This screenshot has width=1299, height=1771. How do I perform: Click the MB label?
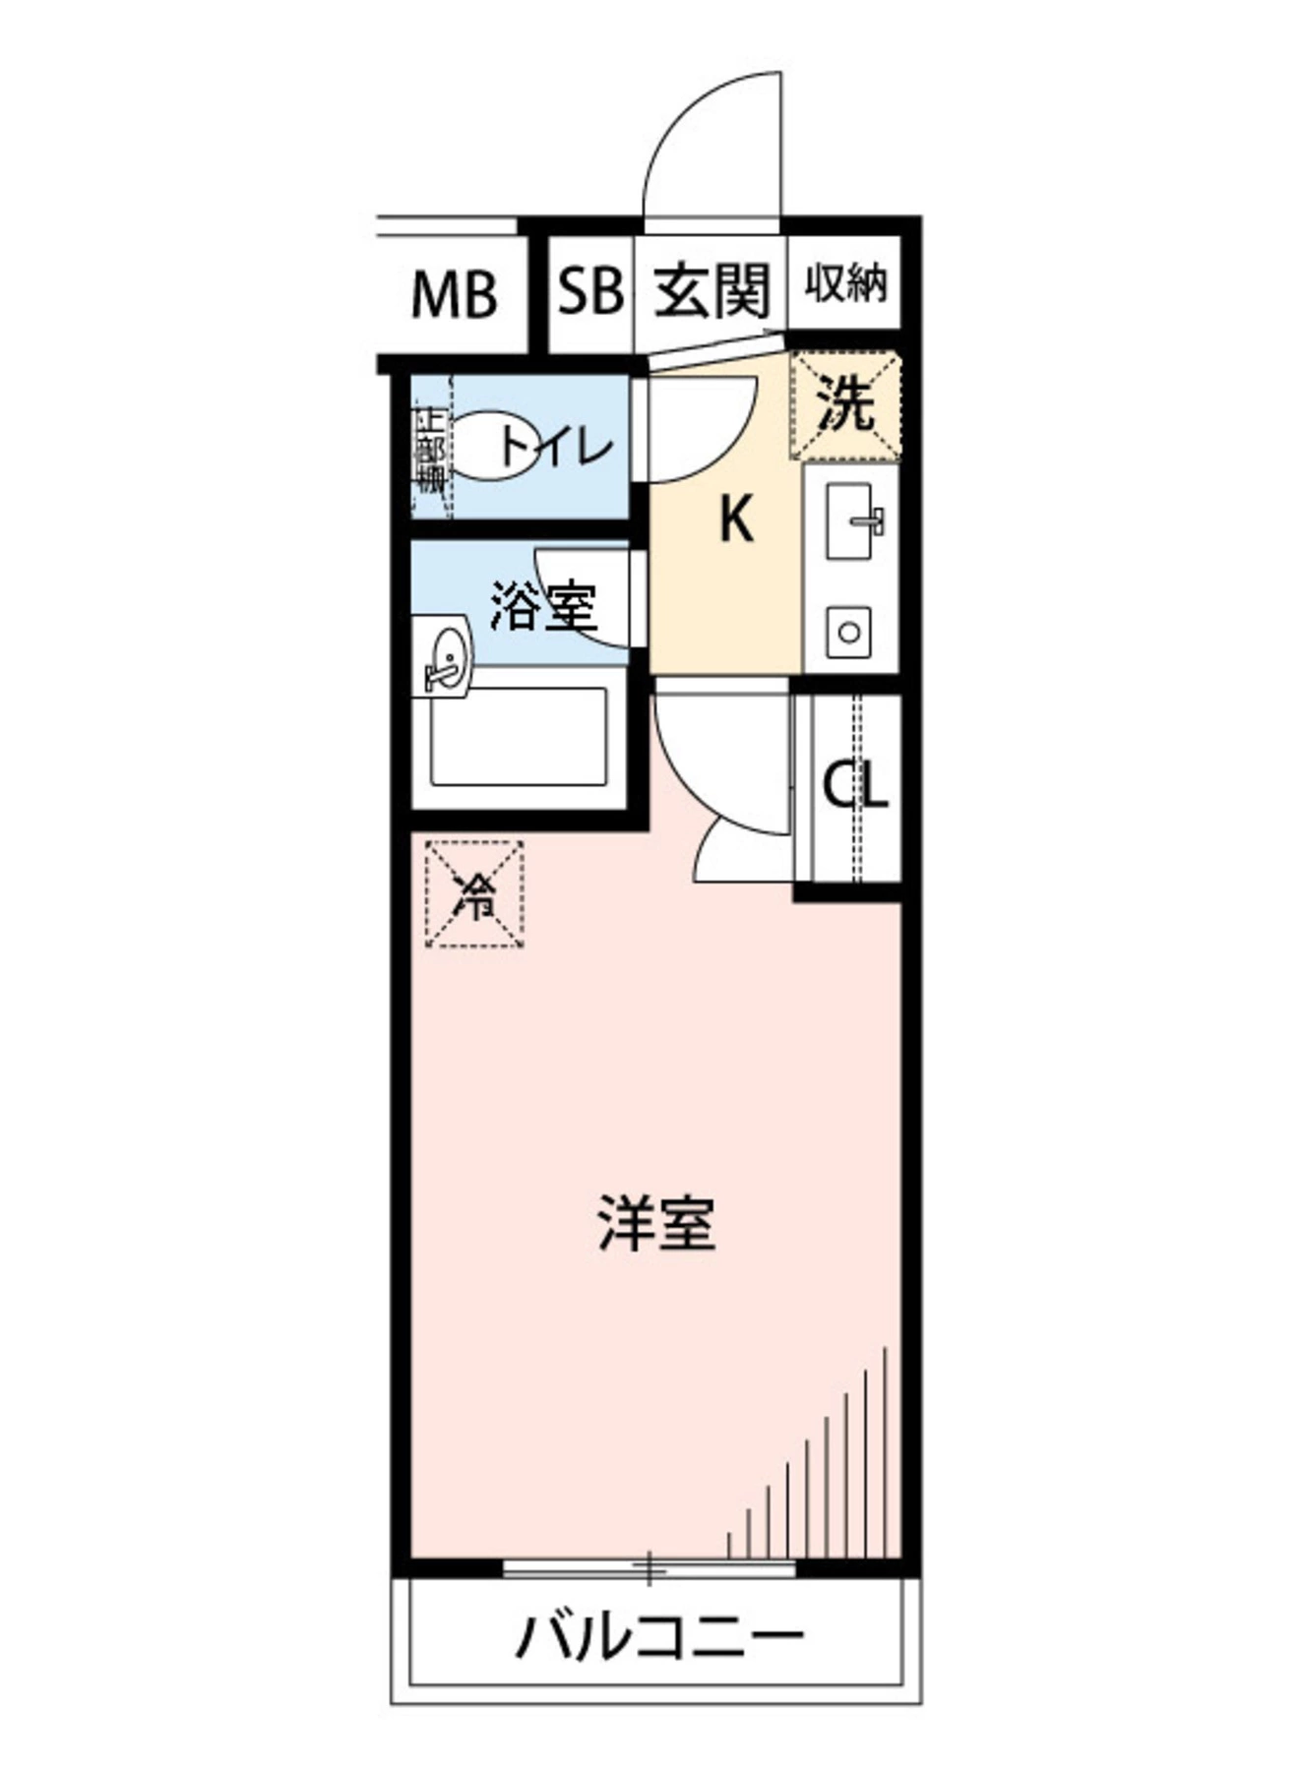(454, 294)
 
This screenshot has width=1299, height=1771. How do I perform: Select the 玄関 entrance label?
(711, 290)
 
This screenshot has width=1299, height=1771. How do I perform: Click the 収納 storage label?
(845, 284)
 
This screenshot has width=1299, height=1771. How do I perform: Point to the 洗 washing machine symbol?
(846, 405)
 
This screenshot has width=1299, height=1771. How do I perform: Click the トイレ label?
(557, 449)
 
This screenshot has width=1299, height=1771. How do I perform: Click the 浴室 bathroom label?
(543, 606)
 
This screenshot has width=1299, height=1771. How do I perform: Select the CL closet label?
(855, 785)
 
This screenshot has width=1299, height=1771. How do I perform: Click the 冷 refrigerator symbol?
(474, 894)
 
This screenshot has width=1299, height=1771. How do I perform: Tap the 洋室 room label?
(656, 1223)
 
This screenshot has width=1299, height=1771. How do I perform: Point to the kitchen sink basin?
(850, 521)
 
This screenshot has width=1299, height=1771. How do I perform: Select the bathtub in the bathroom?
(518, 737)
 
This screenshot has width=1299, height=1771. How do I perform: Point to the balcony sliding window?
(649, 1567)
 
